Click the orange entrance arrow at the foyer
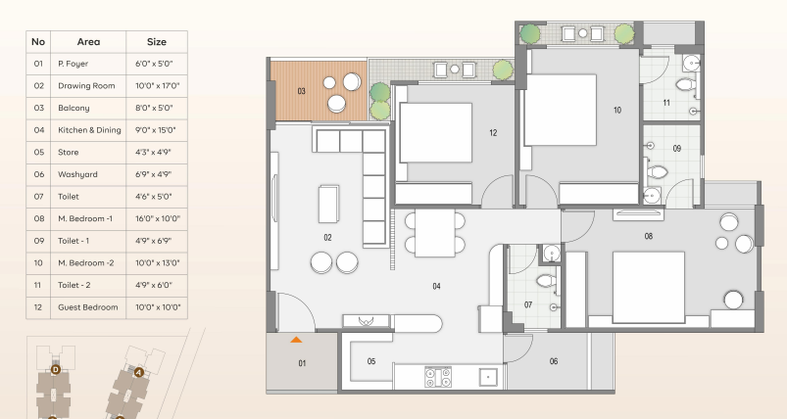pos(296,340)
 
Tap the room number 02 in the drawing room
pos(327,238)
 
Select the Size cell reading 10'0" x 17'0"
pos(157,86)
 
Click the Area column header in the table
pos(88,41)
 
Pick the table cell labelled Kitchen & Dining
pos(89,130)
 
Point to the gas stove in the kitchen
pos(438,377)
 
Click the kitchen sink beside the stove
pos(488,377)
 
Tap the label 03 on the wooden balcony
pos(301,91)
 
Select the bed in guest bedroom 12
pos(436,132)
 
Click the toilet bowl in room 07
pos(546,281)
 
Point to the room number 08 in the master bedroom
pos(649,236)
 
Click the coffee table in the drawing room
pos(328,204)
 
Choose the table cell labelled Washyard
pos(77,174)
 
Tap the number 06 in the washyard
pos(554,361)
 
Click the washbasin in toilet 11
pos(692,64)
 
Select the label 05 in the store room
pos(371,361)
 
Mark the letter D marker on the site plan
pos(56,370)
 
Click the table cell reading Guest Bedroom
pos(88,307)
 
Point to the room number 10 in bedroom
pos(617,111)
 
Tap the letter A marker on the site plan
pos(139,372)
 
